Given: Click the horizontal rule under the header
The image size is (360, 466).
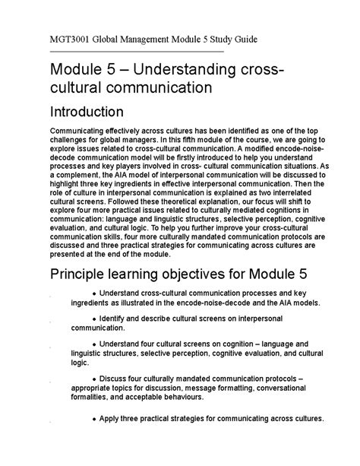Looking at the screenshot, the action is pos(136,51).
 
